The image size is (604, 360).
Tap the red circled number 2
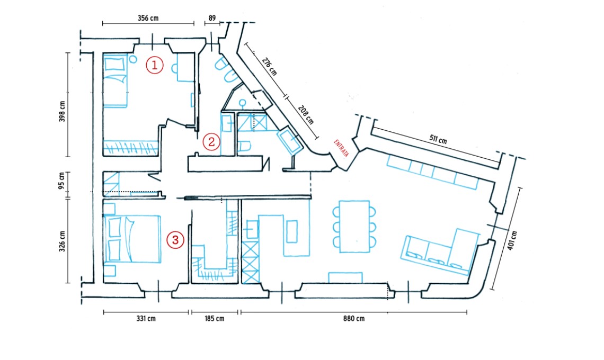click(211, 142)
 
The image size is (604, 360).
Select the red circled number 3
click(175, 240)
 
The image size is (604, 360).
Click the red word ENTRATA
click(342, 148)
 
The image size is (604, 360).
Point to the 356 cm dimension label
click(148, 18)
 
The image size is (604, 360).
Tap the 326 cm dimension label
click(61, 241)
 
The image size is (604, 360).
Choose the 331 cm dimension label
click(145, 319)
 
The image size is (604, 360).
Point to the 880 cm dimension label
click(353, 319)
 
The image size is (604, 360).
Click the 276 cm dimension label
click(270, 68)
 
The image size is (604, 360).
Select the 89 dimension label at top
click(212, 18)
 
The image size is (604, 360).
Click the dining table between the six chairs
click(354, 227)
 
